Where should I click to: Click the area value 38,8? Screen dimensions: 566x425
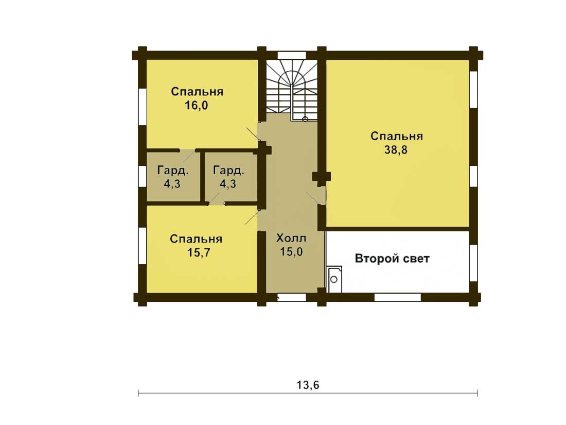point(396,149)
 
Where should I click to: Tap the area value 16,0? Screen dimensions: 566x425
point(197,106)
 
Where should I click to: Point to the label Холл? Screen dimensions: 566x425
point(291,238)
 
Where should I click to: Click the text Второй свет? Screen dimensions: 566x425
point(393,259)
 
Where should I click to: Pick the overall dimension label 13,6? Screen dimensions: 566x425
point(308,385)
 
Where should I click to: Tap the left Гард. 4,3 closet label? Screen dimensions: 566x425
point(172,177)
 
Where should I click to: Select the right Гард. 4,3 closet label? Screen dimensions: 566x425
point(228,177)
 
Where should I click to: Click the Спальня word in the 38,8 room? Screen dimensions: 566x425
point(397,136)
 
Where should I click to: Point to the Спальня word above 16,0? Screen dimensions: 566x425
point(197,92)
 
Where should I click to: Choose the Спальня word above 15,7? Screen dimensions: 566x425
point(196,239)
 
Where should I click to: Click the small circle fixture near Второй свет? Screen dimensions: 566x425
point(334,279)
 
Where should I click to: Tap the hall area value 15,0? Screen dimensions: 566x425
point(291,252)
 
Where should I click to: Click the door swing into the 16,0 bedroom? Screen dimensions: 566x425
point(253,134)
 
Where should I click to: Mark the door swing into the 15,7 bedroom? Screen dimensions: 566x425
point(252,217)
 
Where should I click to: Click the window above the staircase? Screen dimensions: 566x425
point(292,55)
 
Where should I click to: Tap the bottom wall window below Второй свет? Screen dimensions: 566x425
point(397,297)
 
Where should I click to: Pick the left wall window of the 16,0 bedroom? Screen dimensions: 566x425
point(143,106)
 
